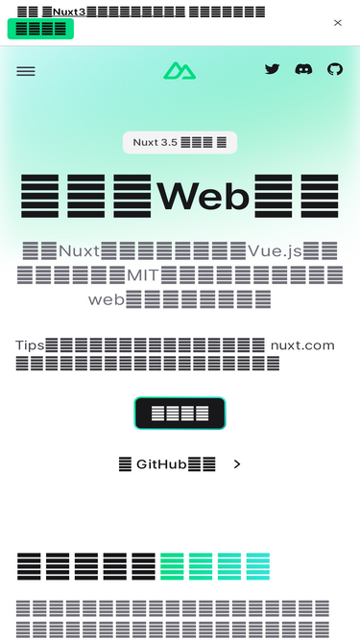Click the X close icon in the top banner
pyautogui.click(x=338, y=22)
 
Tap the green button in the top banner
pyautogui.click(x=40, y=29)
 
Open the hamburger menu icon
pyautogui.click(x=26, y=71)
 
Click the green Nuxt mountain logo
pyautogui.click(x=179, y=70)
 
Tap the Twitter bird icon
pyautogui.click(x=273, y=69)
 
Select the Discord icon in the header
pyautogui.click(x=303, y=69)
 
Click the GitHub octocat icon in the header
pyautogui.click(x=335, y=69)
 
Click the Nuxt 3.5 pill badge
pyautogui.click(x=180, y=142)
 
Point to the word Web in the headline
pyautogui.click(x=204, y=196)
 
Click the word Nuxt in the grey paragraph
pyautogui.click(x=78, y=251)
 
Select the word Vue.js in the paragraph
pyautogui.click(x=275, y=251)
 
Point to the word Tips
pyautogui.click(x=30, y=345)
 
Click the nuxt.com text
pyautogui.click(x=302, y=345)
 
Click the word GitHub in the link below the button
pyautogui.click(x=161, y=464)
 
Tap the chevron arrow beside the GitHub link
pyautogui.click(x=237, y=464)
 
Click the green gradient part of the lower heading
pyautogui.click(x=215, y=566)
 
